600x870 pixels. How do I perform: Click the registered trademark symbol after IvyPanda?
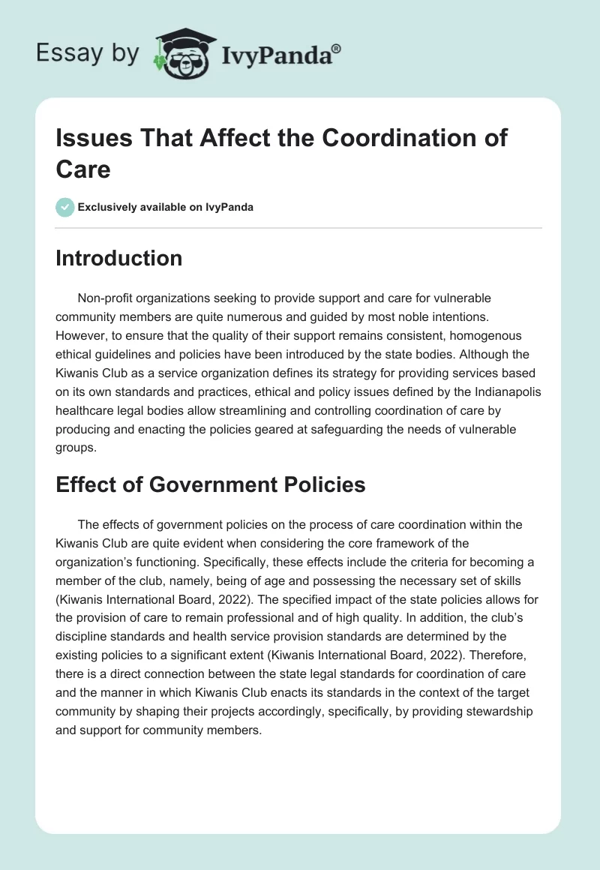[x=336, y=49]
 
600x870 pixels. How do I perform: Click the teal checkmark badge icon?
[x=65, y=207]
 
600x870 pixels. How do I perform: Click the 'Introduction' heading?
[x=118, y=258]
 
